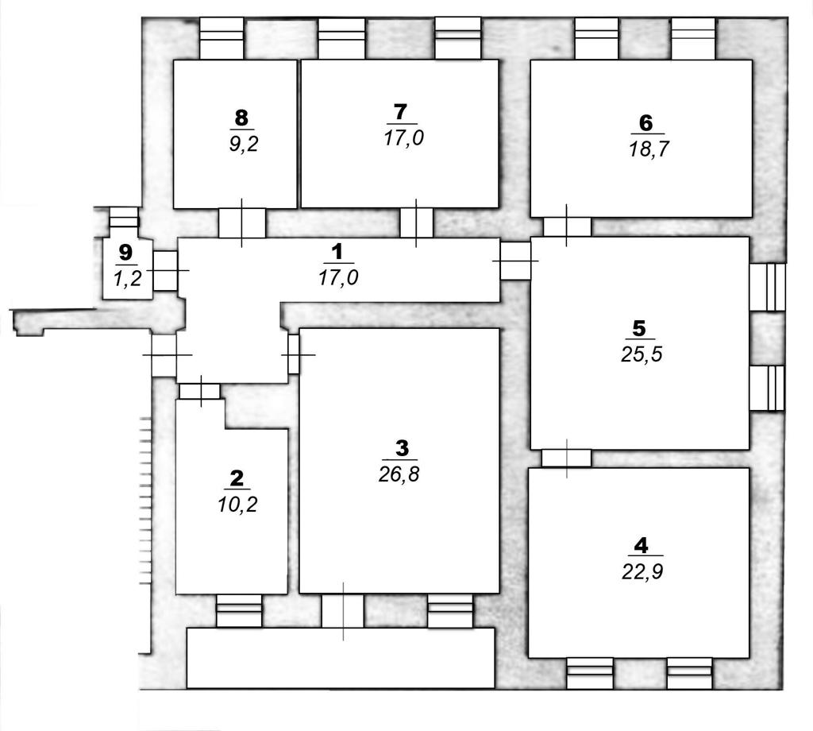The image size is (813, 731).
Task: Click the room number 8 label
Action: pos(241,118)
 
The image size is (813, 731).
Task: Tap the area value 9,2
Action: pos(243,144)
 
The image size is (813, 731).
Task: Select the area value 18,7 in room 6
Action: pos(648,149)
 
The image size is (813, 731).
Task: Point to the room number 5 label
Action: pos(639,328)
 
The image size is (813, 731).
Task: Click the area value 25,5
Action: pos(642,355)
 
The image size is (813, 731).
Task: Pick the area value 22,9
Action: pos(642,572)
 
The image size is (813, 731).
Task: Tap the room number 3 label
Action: pos(402,447)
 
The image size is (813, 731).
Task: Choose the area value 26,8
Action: pos(399,474)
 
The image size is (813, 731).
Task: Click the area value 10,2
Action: pos(237,505)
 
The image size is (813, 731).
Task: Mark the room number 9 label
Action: pos(125,253)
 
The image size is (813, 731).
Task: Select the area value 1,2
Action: pos(127,279)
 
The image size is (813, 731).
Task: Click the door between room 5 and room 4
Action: pos(566,458)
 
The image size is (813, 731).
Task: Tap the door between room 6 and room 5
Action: pos(567,226)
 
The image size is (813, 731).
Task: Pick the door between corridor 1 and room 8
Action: pos(241,223)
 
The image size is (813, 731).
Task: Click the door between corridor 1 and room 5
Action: pos(514,261)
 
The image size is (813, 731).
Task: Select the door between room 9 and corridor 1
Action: pos(165,271)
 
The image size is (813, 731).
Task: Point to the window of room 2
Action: pos(239,611)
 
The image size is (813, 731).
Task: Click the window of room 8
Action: pos(222,38)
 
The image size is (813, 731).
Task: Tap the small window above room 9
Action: pos(124,218)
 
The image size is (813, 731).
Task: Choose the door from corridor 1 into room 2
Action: pos(199,391)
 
